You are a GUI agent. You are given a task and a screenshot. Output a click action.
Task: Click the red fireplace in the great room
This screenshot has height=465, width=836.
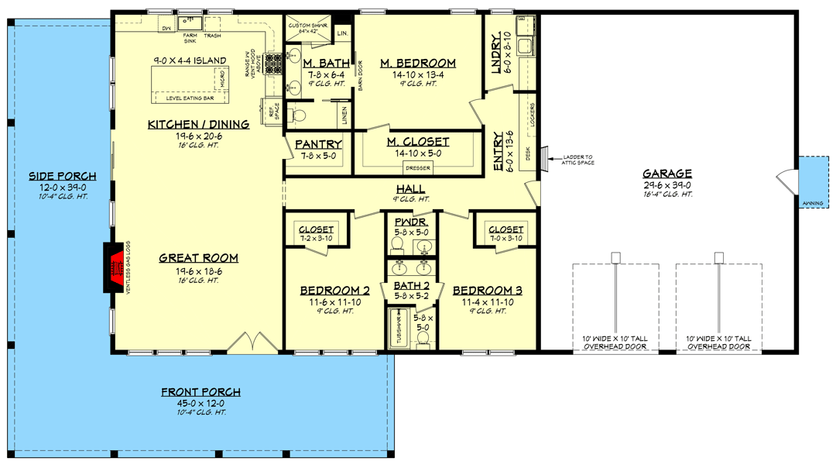pos(114,268)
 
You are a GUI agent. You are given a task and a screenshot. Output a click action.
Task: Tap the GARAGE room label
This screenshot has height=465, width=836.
pos(666,174)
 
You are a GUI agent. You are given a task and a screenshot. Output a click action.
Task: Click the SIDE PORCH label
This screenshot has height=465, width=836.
pos(52,176)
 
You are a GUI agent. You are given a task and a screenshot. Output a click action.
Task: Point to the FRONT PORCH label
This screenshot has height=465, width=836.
pos(200,392)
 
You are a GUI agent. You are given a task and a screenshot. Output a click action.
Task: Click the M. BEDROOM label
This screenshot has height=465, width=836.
pos(418,64)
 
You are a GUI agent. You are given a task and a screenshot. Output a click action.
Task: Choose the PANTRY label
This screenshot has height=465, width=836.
pos(318,144)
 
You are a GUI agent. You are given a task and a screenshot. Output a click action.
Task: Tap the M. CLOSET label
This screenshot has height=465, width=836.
pos(418,142)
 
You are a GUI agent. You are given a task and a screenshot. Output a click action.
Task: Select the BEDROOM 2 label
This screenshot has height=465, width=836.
pos(334,291)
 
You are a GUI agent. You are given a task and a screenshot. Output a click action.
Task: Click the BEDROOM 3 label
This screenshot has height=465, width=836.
pos(492,291)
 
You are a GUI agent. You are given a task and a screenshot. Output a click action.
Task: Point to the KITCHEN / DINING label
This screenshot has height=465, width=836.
pos(199,124)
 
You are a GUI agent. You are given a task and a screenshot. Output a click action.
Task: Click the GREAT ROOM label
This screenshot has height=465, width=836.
pos(199,258)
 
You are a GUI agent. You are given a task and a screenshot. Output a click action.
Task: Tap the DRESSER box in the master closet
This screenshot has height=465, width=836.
pos(418,168)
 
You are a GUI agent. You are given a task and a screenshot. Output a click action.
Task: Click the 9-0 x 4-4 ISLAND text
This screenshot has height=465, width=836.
pos(190,60)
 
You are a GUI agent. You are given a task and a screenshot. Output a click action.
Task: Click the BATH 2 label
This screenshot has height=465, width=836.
pos(411,285)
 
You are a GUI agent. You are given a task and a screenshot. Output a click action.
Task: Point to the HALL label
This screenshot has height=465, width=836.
pos(410,189)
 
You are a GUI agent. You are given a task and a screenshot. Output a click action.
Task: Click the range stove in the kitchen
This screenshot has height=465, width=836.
pos(273,62)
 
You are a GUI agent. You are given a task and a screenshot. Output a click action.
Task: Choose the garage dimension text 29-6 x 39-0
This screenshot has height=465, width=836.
pos(666,184)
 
